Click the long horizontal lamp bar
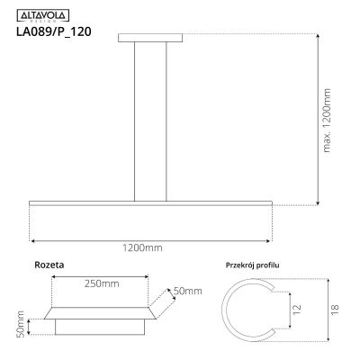[149, 204]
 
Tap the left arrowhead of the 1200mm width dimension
[32, 240]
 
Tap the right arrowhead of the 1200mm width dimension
[267, 240]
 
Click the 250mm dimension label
[98, 284]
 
